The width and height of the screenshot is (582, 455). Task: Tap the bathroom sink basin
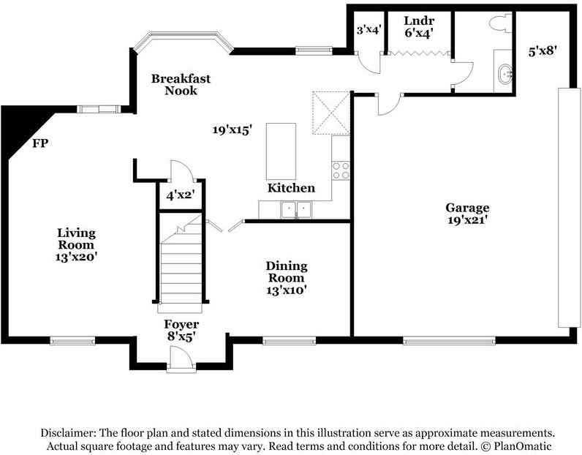pos(505,75)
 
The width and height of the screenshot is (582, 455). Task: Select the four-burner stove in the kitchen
pos(341,170)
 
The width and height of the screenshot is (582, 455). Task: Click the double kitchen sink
pos(296,210)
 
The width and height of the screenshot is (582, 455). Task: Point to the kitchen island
pos(281,151)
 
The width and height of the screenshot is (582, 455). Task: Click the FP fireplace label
pos(40,143)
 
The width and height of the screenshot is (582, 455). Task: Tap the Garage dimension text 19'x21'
pos(467,220)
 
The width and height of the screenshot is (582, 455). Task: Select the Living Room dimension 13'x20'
pos(76,257)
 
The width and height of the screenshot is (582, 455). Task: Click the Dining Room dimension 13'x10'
pos(286,290)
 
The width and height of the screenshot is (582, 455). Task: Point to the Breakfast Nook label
pos(181,84)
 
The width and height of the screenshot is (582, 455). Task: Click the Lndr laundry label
pos(419,20)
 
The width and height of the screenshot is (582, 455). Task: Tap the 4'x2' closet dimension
pos(181,195)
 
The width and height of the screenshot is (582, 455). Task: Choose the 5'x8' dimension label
pos(543,51)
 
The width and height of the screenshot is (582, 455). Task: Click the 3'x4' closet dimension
pos(369,30)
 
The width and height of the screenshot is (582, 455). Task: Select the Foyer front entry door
pos(181,359)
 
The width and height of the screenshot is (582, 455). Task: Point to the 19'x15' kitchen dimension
pos(233,129)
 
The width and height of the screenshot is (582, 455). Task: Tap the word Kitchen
pos(292,188)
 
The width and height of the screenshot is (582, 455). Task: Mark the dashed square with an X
pos(331,113)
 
